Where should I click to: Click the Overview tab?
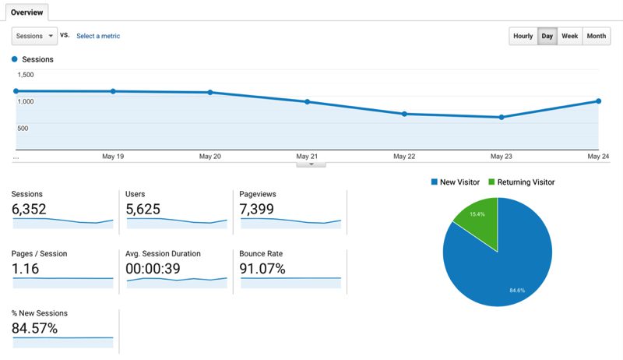26,12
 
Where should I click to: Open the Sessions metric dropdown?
35,36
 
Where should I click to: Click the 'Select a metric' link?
98,36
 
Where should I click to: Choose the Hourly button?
523,36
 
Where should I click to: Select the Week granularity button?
569,36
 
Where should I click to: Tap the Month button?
597,36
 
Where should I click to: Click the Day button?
547,36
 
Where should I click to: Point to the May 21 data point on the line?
308,102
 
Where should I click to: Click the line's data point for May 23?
502,118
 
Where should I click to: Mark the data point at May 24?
598,101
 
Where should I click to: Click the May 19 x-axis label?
113,157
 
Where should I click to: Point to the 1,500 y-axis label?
26,75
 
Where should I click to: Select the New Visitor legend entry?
456,182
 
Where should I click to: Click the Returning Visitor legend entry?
521,182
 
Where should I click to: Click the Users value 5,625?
145,209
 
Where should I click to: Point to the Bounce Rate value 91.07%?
263,269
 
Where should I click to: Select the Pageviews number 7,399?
259,209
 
